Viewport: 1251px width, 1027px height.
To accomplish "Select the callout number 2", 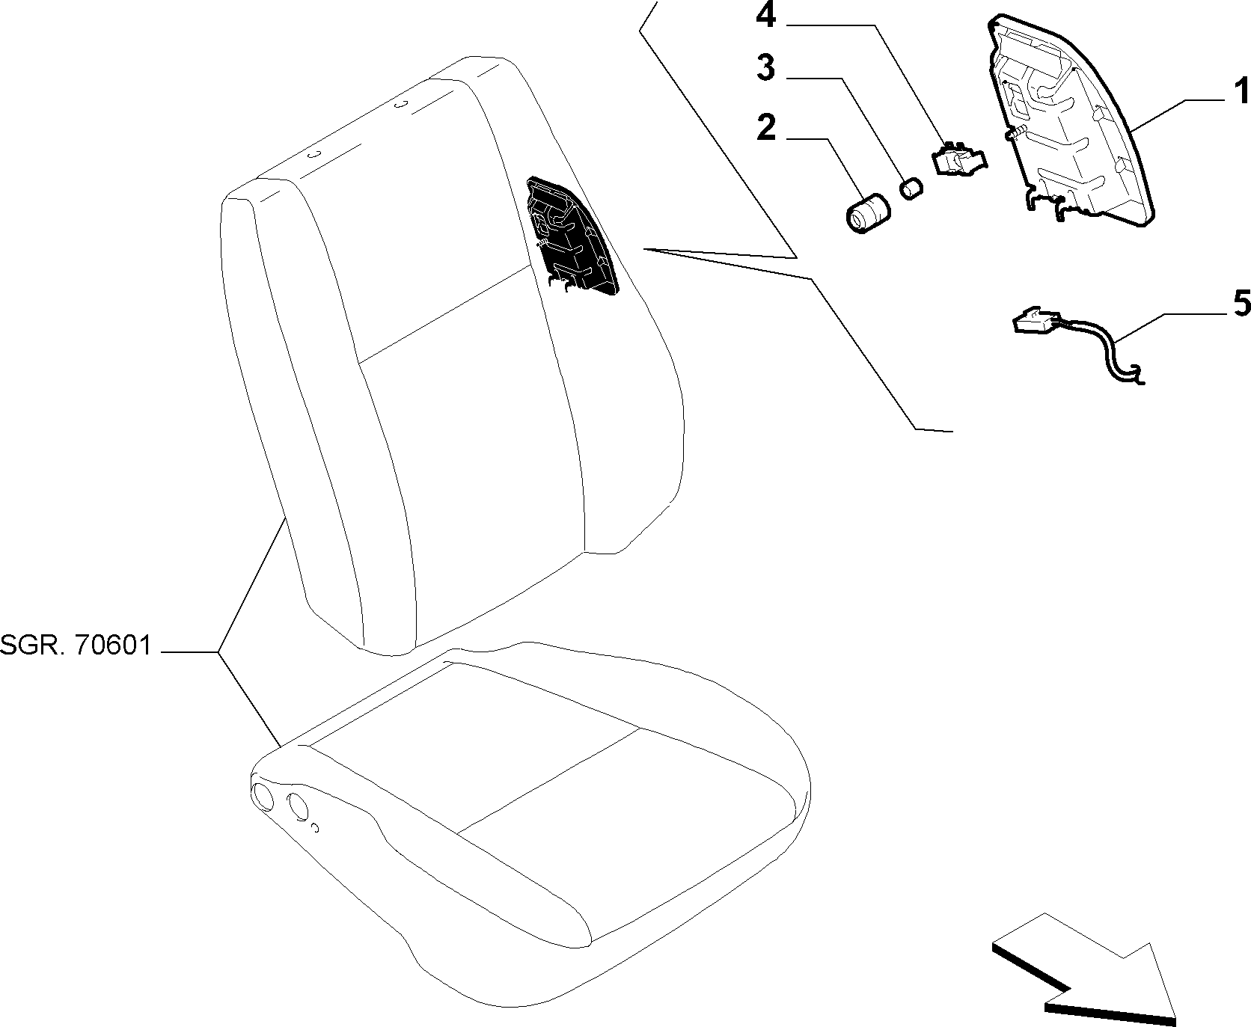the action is point(766,128).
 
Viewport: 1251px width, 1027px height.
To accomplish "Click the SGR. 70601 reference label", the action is point(76,645).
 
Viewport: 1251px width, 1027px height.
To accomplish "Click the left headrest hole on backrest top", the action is point(315,155).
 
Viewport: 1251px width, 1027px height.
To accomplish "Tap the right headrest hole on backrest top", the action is point(401,104).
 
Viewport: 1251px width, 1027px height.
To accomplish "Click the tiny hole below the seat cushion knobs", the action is point(315,828).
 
